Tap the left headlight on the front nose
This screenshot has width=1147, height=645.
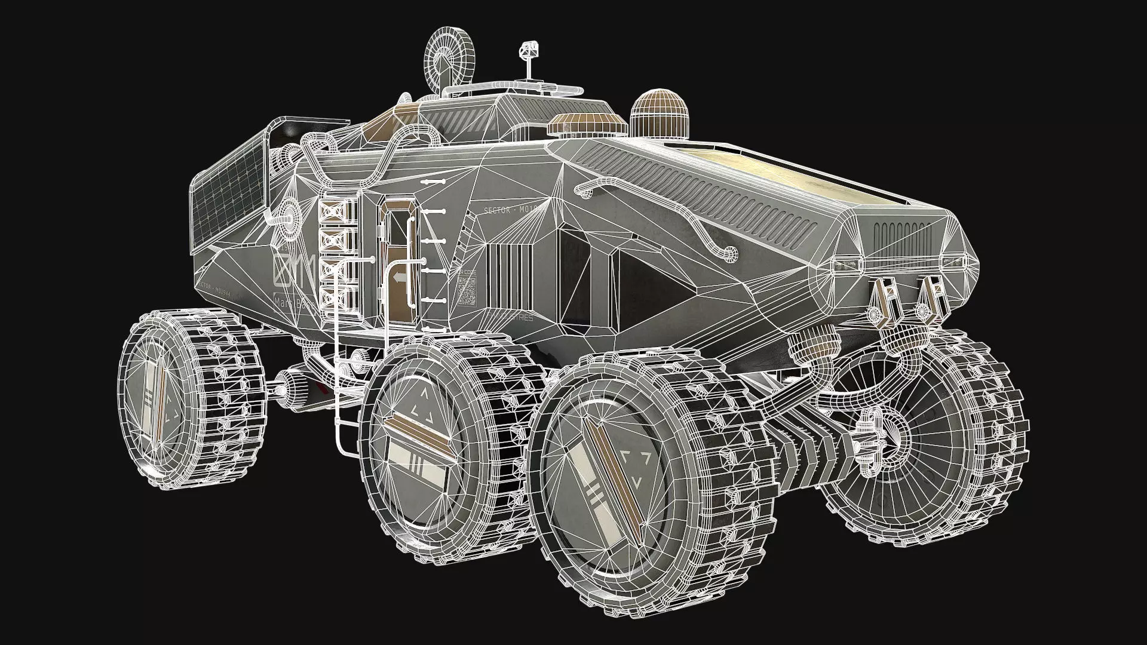[x=848, y=265]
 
